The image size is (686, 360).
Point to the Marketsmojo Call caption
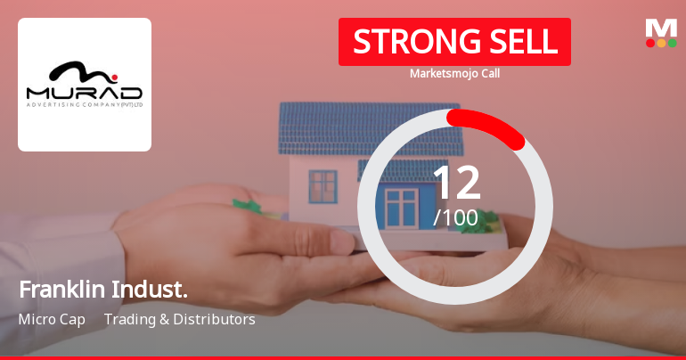(x=454, y=73)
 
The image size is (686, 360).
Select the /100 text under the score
(x=455, y=217)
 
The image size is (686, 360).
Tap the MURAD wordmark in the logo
(x=85, y=93)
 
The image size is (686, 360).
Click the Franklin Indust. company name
(x=103, y=290)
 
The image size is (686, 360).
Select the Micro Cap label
(x=51, y=319)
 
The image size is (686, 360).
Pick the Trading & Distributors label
(x=180, y=319)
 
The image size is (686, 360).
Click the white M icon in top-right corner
(x=661, y=27)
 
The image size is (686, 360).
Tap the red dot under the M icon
(x=650, y=43)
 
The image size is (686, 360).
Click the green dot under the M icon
(x=672, y=43)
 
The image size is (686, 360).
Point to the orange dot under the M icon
(x=661, y=43)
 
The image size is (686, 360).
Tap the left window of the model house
(x=323, y=185)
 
